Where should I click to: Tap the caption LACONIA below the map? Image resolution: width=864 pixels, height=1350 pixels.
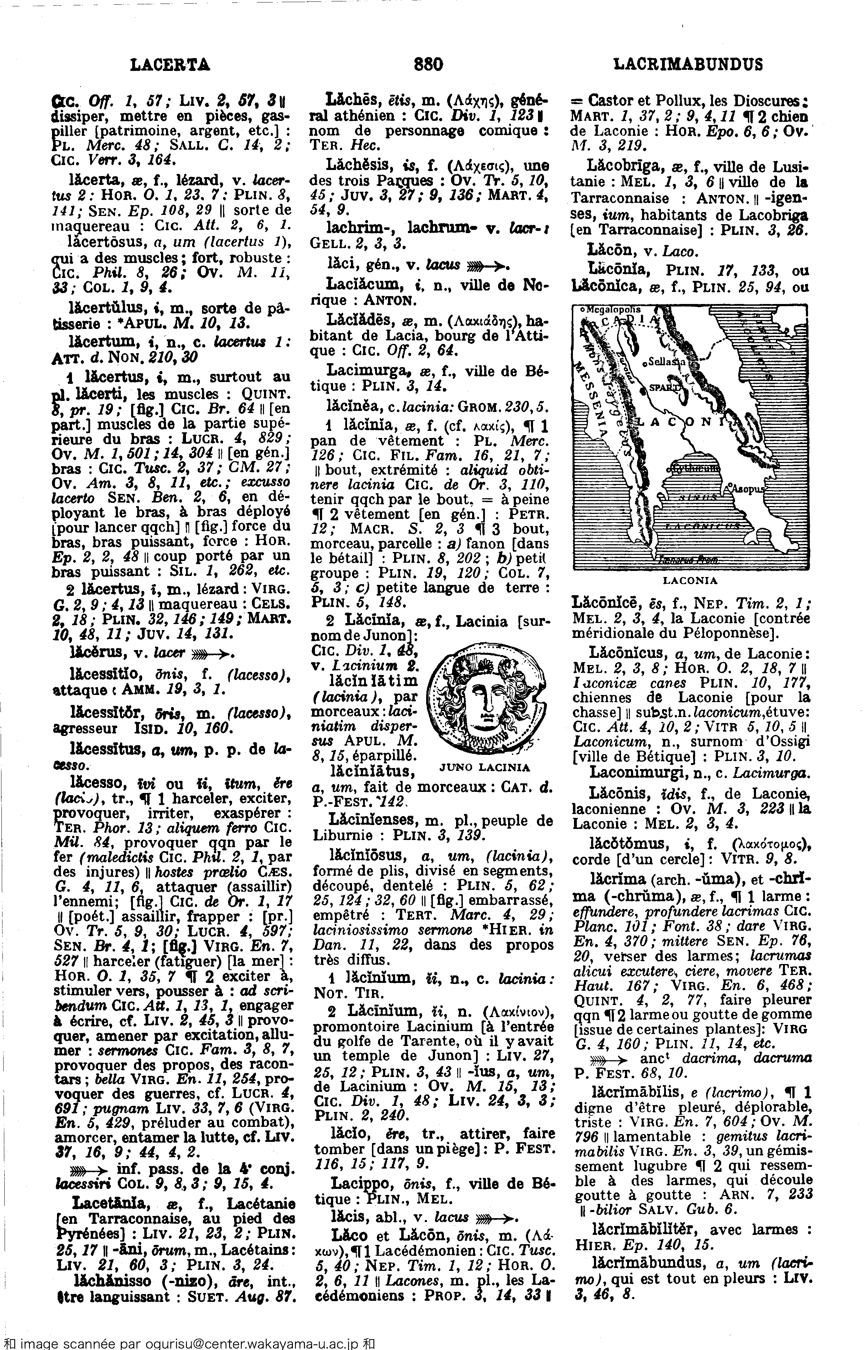690,581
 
